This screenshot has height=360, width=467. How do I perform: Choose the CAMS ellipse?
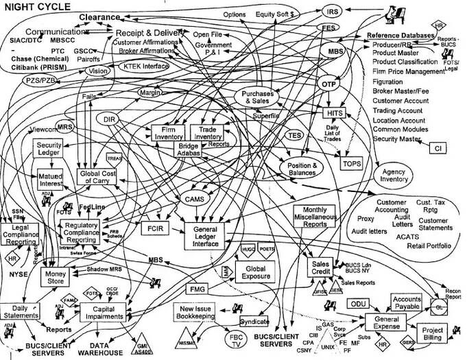coord(191,199)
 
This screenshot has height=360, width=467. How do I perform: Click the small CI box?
coord(437,146)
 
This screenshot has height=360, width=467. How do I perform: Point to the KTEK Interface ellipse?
coord(145,67)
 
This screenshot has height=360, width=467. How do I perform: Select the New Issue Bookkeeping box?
coord(200,313)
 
